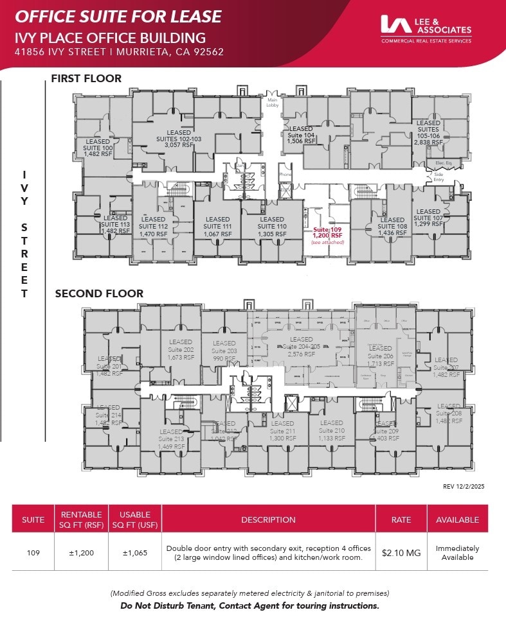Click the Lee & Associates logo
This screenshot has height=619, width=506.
[x=426, y=29]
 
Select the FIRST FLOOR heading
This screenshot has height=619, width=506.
[x=86, y=79]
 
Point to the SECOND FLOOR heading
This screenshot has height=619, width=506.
[x=99, y=293]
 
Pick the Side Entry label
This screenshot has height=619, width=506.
[x=439, y=177]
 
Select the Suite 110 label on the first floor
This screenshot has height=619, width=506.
[x=272, y=227]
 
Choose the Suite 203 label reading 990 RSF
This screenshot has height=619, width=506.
[x=224, y=351]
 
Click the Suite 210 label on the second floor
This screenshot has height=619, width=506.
[x=332, y=430]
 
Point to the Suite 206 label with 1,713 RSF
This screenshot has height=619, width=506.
[x=380, y=356]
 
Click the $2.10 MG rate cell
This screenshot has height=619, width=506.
[x=401, y=553]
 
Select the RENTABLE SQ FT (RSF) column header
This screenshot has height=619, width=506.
[x=82, y=519]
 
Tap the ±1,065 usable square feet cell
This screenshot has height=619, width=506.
[x=135, y=553]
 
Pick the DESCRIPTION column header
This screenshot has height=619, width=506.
[x=268, y=519]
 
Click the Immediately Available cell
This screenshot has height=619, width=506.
[x=457, y=553]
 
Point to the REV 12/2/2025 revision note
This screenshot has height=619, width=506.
[x=464, y=487]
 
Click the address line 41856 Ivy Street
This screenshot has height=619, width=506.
[x=119, y=52]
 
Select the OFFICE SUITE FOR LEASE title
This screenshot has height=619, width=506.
[x=118, y=17]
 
